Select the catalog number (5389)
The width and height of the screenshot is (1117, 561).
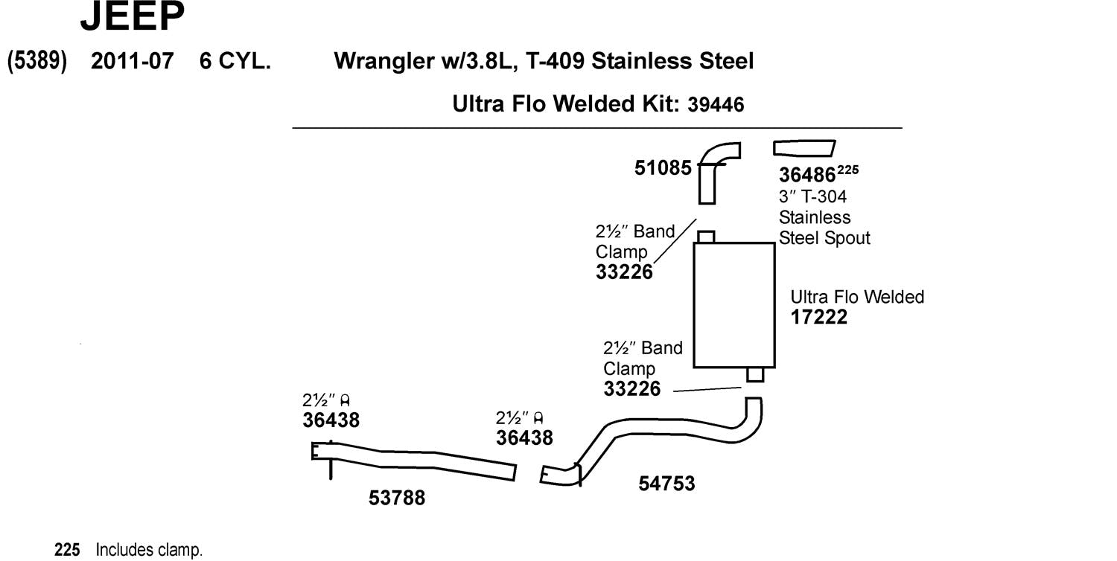pyautogui.click(x=37, y=61)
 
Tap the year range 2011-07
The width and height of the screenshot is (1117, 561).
pyautogui.click(x=132, y=61)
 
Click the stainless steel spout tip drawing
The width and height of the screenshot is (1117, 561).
pyautogui.click(x=804, y=149)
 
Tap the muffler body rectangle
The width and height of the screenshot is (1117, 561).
pyautogui.click(x=733, y=304)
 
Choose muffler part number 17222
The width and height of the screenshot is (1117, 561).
pyautogui.click(x=819, y=318)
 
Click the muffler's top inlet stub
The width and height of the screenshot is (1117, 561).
pyautogui.click(x=706, y=237)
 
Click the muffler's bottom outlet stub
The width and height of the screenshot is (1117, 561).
pyautogui.click(x=754, y=374)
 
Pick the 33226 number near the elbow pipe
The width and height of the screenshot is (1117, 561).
pyautogui.click(x=624, y=272)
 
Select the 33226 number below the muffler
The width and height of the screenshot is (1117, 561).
pyautogui.click(x=631, y=388)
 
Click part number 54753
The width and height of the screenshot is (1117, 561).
pyautogui.click(x=666, y=484)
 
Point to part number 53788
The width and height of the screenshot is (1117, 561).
pyautogui.click(x=397, y=498)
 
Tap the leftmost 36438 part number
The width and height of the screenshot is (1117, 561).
pyautogui.click(x=331, y=420)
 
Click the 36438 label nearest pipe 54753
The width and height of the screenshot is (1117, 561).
pyautogui.click(x=524, y=437)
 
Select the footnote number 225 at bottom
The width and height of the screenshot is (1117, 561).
pyautogui.click(x=67, y=551)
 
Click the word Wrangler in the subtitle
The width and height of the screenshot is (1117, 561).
pyautogui.click(x=382, y=61)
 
